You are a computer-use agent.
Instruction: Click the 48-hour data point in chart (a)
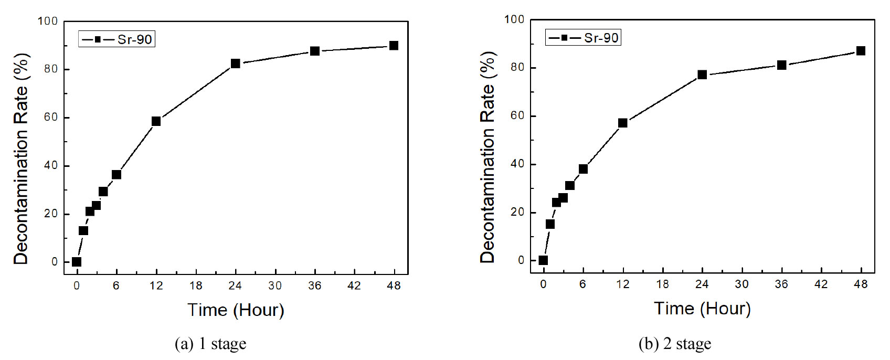(394, 46)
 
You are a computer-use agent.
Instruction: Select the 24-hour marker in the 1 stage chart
(235, 63)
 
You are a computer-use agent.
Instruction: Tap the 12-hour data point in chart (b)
(623, 123)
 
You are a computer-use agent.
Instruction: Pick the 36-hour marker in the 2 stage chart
(781, 65)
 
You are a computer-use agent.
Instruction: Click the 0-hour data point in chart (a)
(77, 262)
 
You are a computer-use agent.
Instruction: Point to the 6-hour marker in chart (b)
(583, 169)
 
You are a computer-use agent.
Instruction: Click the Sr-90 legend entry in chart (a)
(117, 39)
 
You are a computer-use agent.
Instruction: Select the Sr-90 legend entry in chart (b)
(584, 38)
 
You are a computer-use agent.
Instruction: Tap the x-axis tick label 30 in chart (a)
(275, 286)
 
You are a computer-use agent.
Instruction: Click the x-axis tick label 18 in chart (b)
(662, 284)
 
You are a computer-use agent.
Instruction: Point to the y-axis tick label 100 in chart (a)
(47, 22)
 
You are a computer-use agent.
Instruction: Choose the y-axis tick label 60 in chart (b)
(517, 116)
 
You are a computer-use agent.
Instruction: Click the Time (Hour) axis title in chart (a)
(236, 310)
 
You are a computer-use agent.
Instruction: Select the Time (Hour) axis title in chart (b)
(702, 309)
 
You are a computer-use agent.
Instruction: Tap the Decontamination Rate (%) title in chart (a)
(20, 158)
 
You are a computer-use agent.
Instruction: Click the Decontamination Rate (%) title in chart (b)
(488, 157)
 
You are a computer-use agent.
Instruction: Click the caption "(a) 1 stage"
(210, 344)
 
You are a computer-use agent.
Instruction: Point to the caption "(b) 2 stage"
(675, 344)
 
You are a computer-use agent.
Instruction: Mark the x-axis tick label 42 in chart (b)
(821, 284)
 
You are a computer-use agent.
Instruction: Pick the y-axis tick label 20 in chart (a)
(50, 214)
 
